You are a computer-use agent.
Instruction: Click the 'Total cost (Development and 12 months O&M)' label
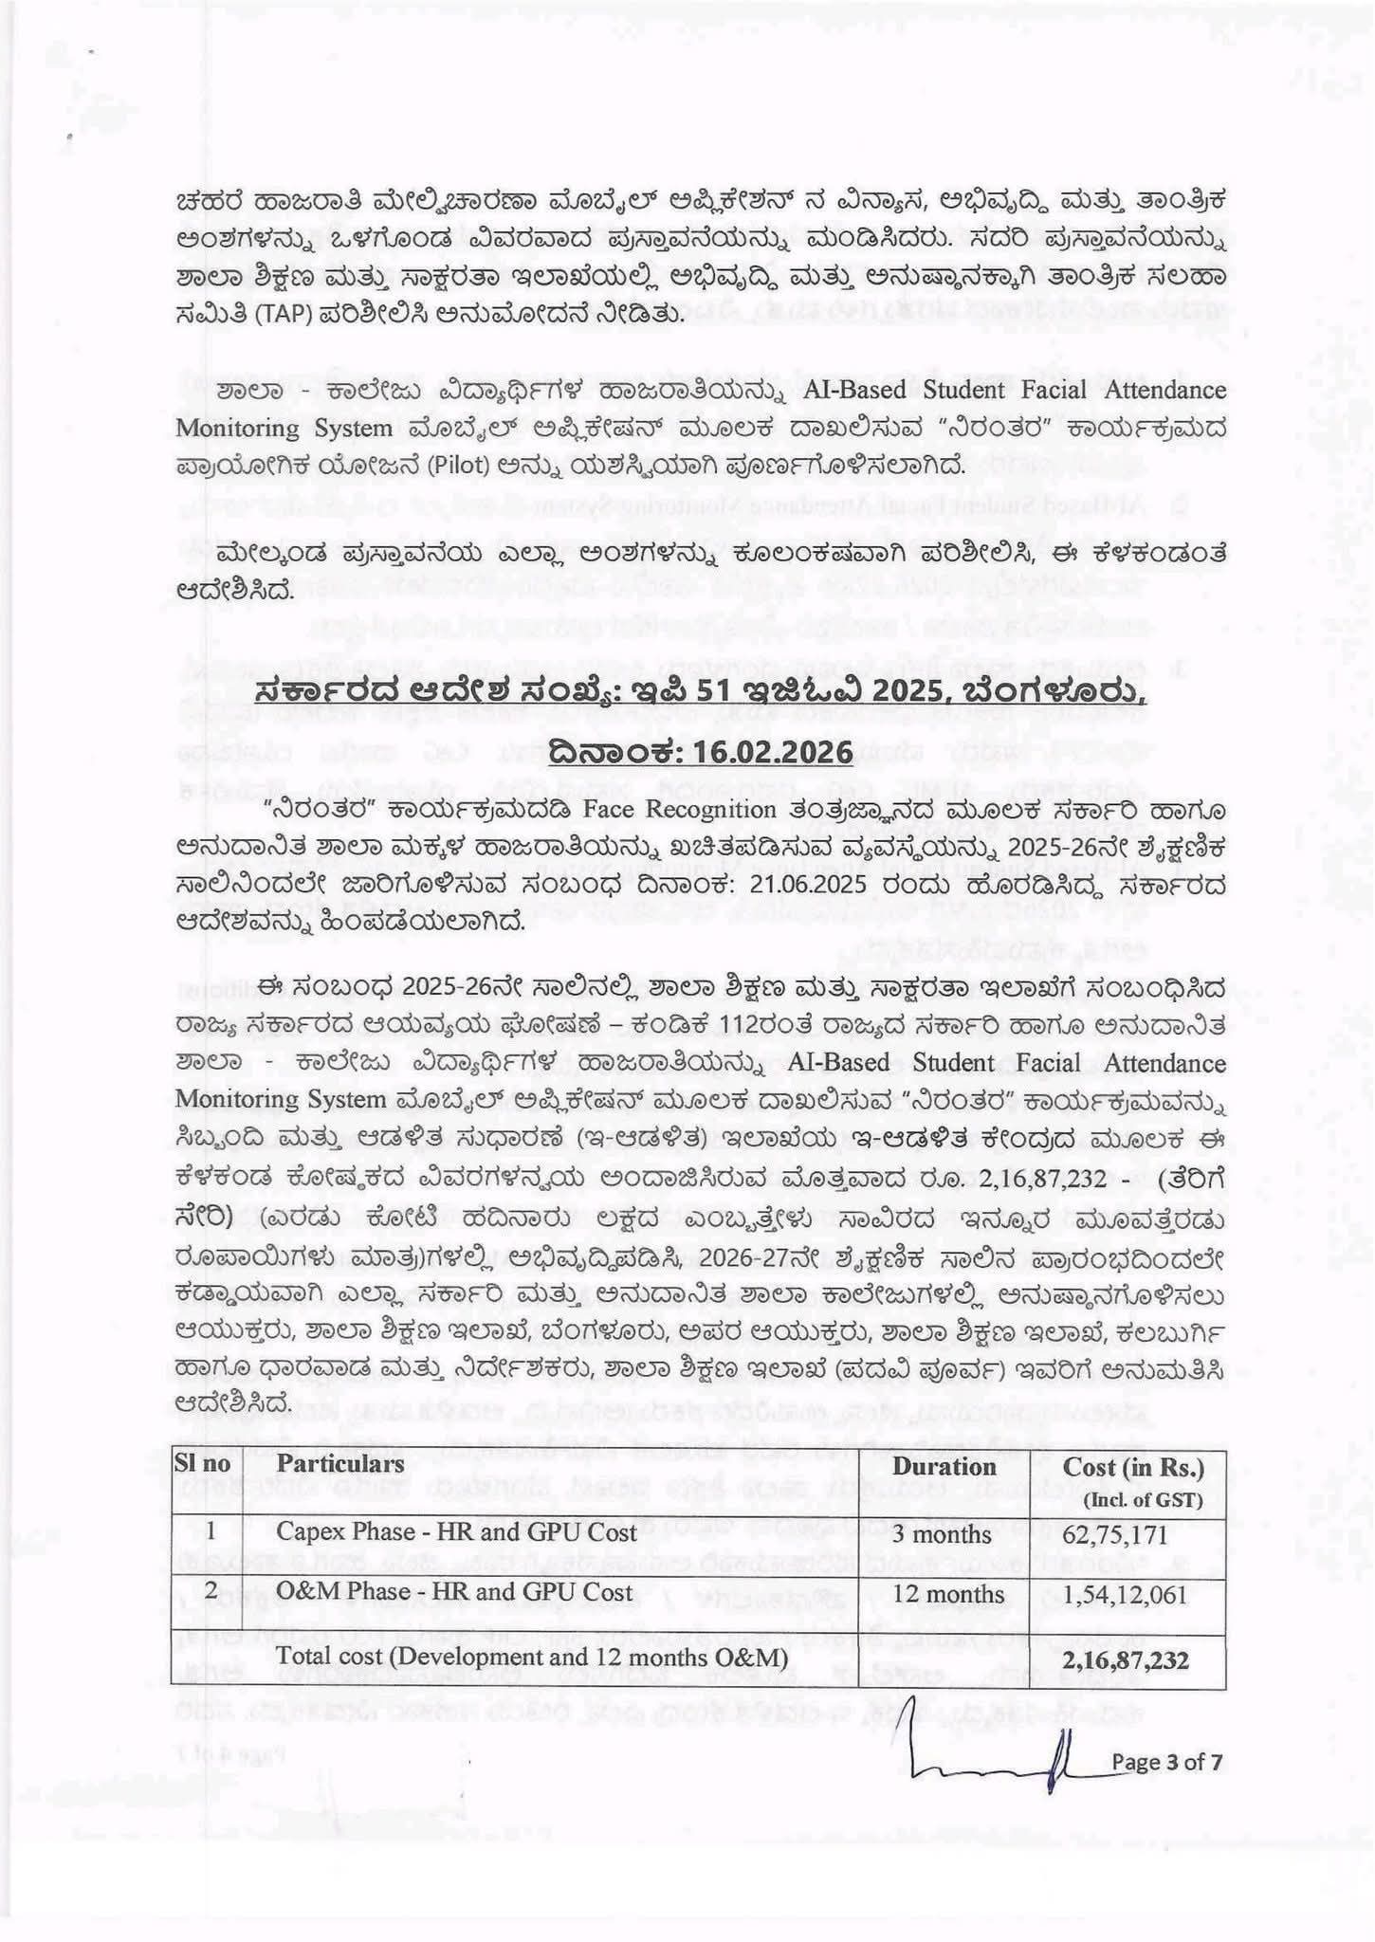tap(531, 1657)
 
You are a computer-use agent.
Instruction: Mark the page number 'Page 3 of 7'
tap(1167, 1762)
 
